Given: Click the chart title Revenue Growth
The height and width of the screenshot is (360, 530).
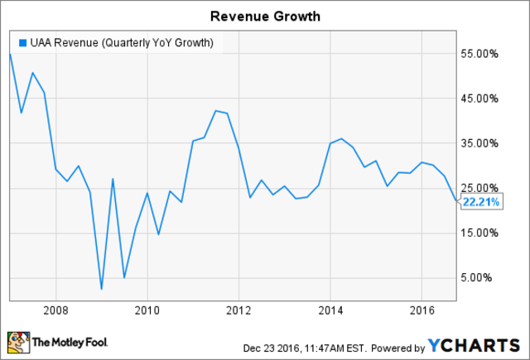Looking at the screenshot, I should click(x=264, y=15).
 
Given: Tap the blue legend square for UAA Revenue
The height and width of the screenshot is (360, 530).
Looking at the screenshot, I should click(x=22, y=42).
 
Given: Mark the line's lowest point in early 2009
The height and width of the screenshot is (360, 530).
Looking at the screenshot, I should click(x=101, y=289).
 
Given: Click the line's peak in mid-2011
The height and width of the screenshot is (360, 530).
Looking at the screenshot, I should click(x=215, y=111).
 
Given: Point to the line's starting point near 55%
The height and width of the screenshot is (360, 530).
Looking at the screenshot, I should click(x=10, y=54).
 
